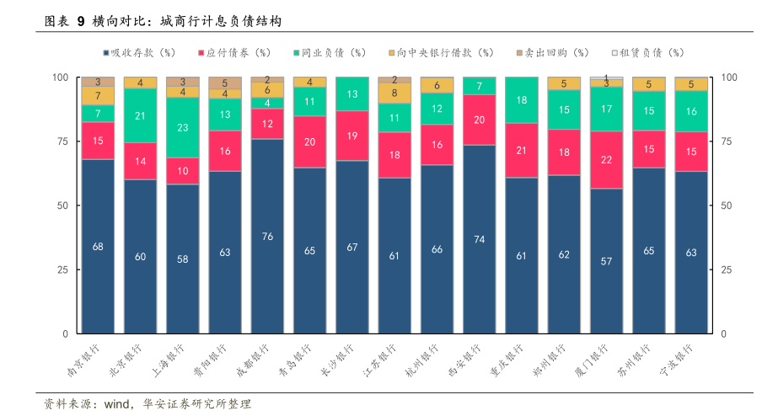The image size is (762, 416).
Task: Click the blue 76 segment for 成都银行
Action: point(267,237)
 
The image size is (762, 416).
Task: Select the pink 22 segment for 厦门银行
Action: point(606,160)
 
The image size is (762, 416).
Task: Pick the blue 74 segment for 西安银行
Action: point(480,239)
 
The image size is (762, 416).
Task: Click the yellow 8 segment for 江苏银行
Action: point(394,93)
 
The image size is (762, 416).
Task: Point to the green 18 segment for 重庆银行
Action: point(522,100)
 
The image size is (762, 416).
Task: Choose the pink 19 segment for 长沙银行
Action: point(352,136)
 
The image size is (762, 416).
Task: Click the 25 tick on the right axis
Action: point(729,269)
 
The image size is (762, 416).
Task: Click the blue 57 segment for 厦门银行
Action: point(606,261)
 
